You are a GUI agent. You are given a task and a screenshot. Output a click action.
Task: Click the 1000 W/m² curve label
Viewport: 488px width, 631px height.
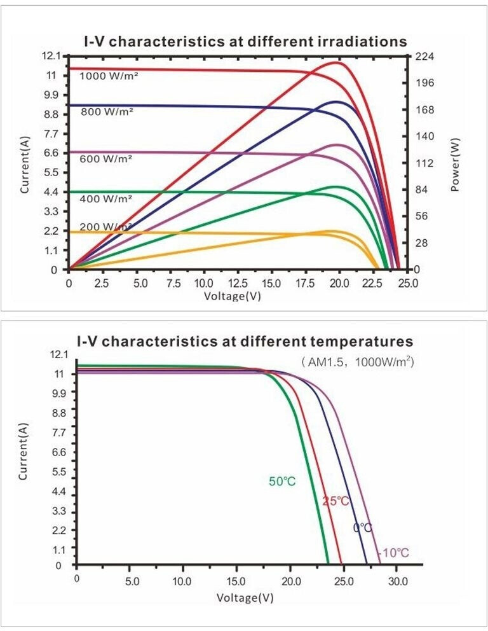[109, 76]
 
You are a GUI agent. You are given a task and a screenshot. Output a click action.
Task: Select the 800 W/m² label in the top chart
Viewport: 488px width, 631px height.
[107, 112]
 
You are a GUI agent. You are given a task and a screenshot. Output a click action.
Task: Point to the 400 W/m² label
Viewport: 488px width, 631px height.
[106, 199]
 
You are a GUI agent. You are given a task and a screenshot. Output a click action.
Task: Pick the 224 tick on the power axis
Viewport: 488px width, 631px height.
[424, 57]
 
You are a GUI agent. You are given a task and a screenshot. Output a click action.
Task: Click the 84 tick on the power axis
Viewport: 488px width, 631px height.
[422, 190]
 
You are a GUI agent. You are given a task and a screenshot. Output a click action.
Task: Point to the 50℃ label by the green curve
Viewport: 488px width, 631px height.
[282, 482]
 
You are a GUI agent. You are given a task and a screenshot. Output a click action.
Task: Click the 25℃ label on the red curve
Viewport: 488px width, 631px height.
[336, 501]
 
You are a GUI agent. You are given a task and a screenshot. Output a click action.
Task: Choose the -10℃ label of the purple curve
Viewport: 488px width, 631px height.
[393, 553]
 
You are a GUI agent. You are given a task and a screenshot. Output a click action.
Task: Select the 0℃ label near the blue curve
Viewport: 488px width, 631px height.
[362, 527]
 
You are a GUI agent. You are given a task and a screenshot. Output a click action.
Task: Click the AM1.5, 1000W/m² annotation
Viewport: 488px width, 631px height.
[357, 362]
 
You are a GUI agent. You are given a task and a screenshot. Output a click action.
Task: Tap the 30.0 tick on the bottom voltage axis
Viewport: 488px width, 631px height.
[398, 581]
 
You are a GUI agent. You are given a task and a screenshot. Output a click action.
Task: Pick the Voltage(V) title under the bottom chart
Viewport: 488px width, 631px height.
[245, 598]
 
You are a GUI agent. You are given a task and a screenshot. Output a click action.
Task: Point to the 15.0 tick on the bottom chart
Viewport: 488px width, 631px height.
[236, 581]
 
